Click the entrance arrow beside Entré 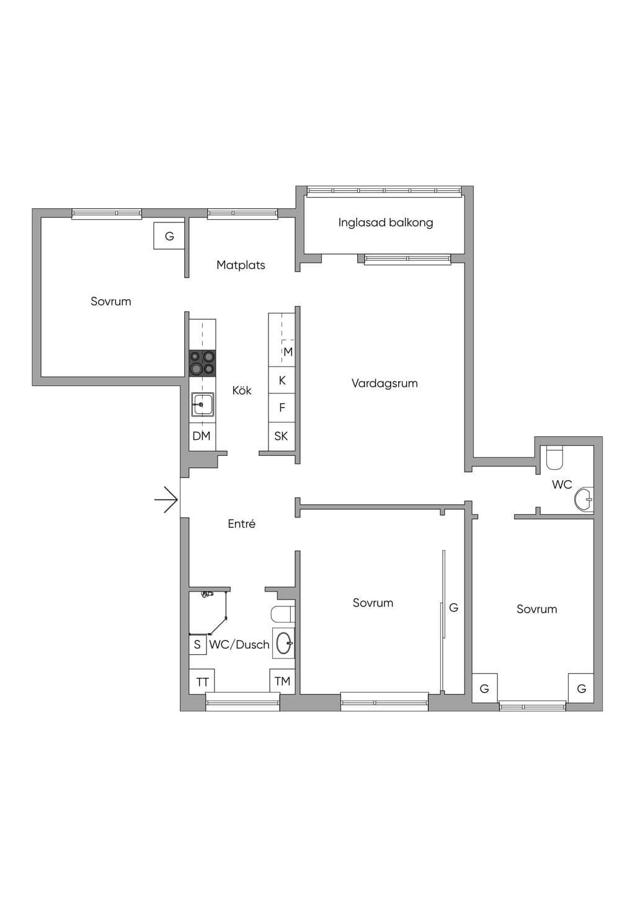(x=166, y=500)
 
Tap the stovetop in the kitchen (x=202, y=363)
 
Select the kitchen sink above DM (x=202, y=405)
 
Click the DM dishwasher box (x=202, y=436)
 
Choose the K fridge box (x=282, y=380)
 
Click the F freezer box (x=282, y=408)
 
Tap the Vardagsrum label (x=384, y=383)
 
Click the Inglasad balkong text (x=386, y=222)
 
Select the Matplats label (x=241, y=265)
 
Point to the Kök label (x=242, y=390)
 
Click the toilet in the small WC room (x=555, y=458)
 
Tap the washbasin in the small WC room (x=584, y=500)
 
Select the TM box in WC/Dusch (x=282, y=681)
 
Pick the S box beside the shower (x=198, y=645)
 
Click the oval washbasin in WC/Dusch (x=284, y=643)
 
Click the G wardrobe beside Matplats (x=169, y=236)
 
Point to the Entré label (x=241, y=523)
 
